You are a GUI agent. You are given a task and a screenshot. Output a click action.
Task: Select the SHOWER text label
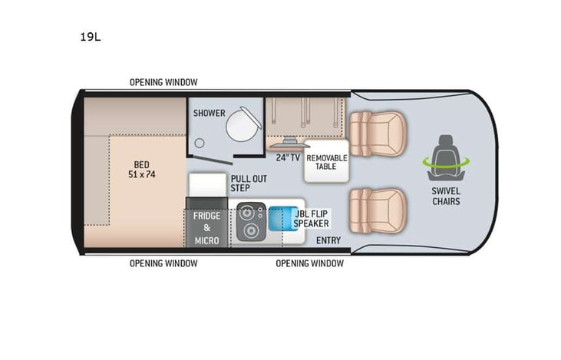[209, 113]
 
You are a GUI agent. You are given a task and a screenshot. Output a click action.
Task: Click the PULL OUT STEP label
[248, 183]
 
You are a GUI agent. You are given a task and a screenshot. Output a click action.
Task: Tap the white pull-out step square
[206, 185]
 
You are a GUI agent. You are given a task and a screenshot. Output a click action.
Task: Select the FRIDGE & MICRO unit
[206, 228]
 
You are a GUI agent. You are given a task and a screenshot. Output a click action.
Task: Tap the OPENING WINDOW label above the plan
[163, 82]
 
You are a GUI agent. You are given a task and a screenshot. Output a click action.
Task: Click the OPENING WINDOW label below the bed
[163, 263]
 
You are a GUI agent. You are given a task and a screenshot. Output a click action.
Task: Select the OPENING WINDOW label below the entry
[310, 263]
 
